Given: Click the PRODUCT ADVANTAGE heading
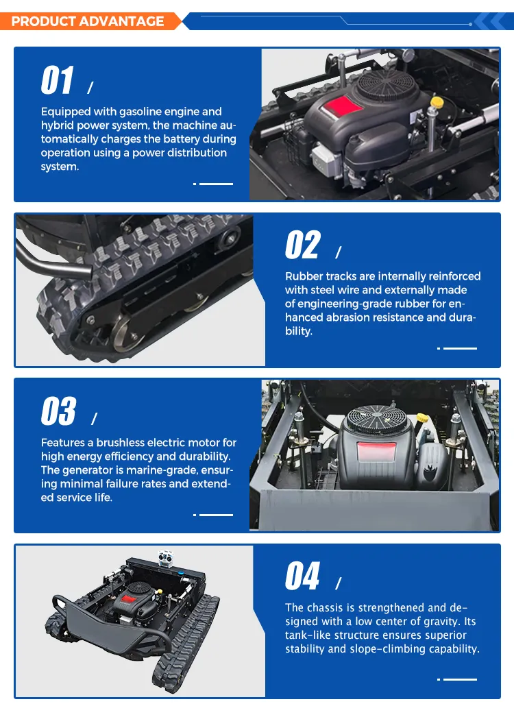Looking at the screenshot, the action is [x=87, y=21].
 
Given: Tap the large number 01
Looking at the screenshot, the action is [x=57, y=80].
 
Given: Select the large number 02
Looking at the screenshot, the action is [x=302, y=245].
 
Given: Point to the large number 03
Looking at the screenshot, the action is [x=58, y=411].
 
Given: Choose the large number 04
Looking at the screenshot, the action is [x=302, y=576].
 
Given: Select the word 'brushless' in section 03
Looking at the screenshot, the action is [x=121, y=442].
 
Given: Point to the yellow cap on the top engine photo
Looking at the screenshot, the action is [x=437, y=101].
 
